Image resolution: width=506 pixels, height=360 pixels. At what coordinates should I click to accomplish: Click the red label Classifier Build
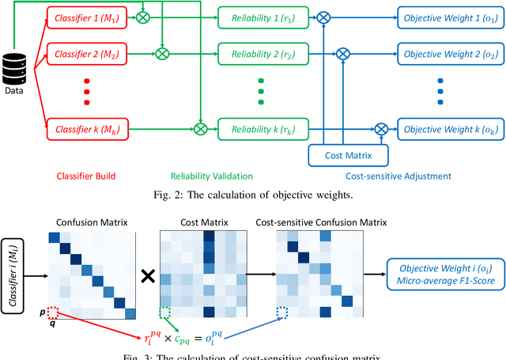[83, 175]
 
